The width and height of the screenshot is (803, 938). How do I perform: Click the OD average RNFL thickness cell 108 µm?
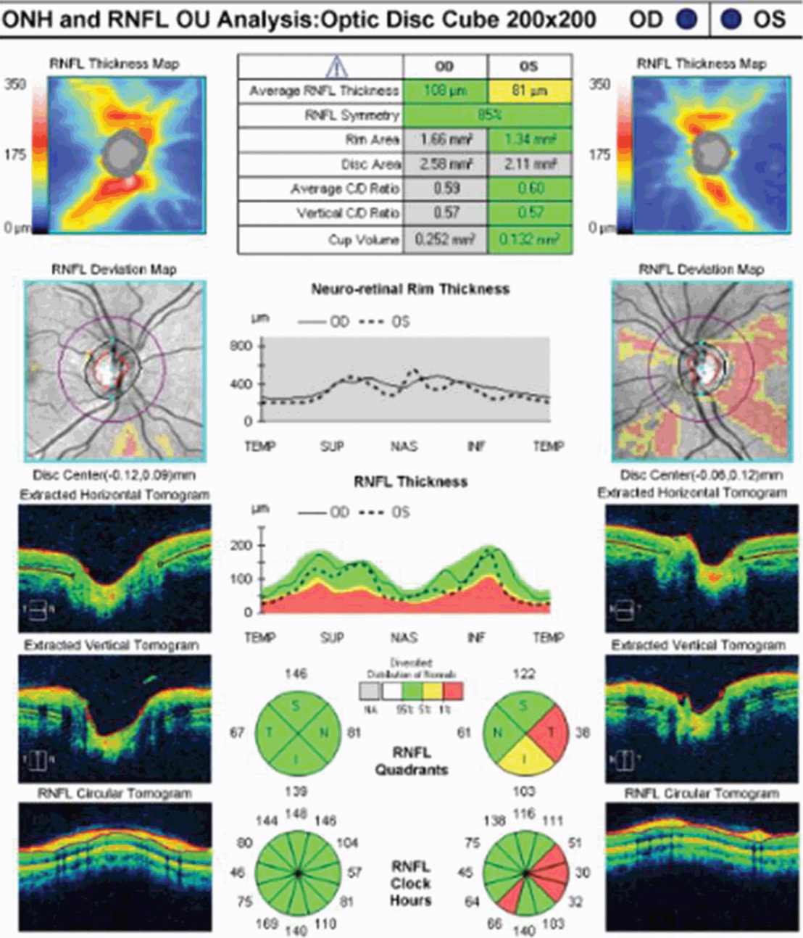point(445,91)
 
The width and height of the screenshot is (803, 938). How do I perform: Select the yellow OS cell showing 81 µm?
point(530,91)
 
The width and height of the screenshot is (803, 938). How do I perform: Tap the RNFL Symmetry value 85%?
point(487,115)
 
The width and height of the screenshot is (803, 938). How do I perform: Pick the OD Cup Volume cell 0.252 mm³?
point(445,239)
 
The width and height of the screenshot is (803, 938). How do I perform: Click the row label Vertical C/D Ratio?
point(347,213)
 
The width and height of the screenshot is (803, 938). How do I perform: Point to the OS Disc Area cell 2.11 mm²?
point(530,165)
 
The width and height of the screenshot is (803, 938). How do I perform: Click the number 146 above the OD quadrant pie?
point(296,674)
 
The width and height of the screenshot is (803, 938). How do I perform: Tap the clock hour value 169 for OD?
point(267,924)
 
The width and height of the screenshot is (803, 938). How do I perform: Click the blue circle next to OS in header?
point(731,19)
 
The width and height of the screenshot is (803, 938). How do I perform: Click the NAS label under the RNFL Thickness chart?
point(404,637)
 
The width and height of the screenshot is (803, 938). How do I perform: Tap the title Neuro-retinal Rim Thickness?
point(410,289)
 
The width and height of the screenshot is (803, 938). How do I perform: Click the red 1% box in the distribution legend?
point(454,690)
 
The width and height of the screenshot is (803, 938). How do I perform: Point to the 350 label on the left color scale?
point(15,84)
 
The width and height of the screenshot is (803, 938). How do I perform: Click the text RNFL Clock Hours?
point(411,884)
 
